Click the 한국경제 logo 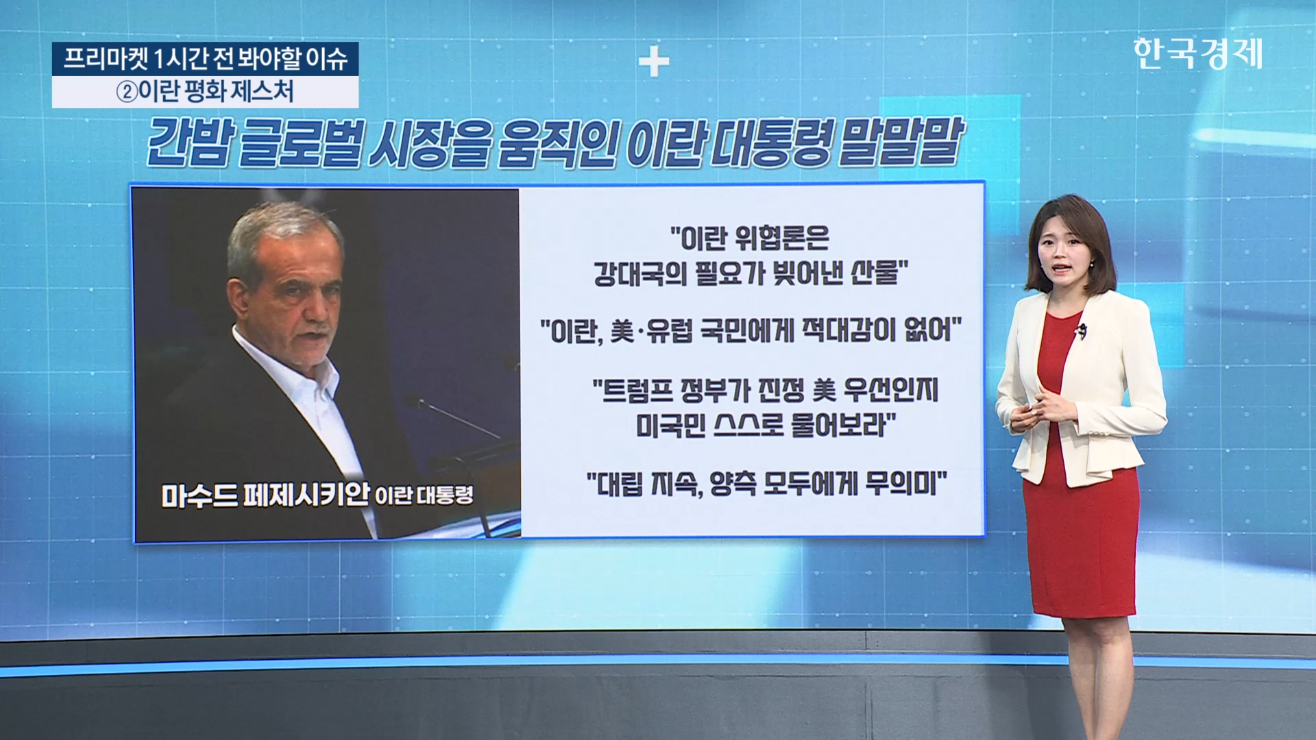pyautogui.click(x=1197, y=53)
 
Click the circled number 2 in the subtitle pyautogui.click(x=127, y=92)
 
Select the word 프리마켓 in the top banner pyautogui.click(x=106, y=59)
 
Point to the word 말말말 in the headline pyautogui.click(x=901, y=142)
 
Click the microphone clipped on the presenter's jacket pyautogui.click(x=1082, y=332)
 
